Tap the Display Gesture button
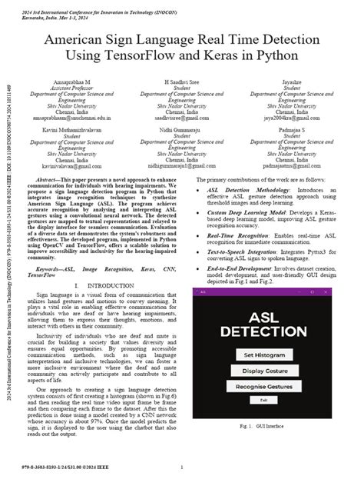(264, 372)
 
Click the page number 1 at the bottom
(182, 467)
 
